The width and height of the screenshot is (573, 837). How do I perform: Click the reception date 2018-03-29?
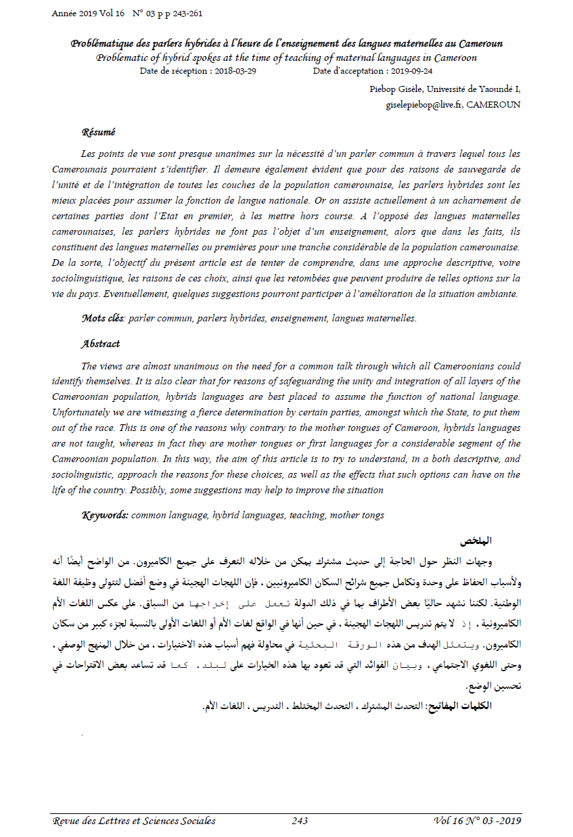point(233,70)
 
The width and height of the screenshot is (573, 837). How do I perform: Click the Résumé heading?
point(98,132)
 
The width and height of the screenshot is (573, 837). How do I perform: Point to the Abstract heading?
point(101,344)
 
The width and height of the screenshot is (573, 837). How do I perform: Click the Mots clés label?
point(103,318)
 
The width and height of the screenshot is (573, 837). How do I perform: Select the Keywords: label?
point(105,516)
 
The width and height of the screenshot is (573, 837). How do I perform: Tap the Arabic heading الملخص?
point(476,541)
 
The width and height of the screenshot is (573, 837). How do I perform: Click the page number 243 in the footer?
point(300,821)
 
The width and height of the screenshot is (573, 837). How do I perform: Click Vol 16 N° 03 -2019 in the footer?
point(477,821)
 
